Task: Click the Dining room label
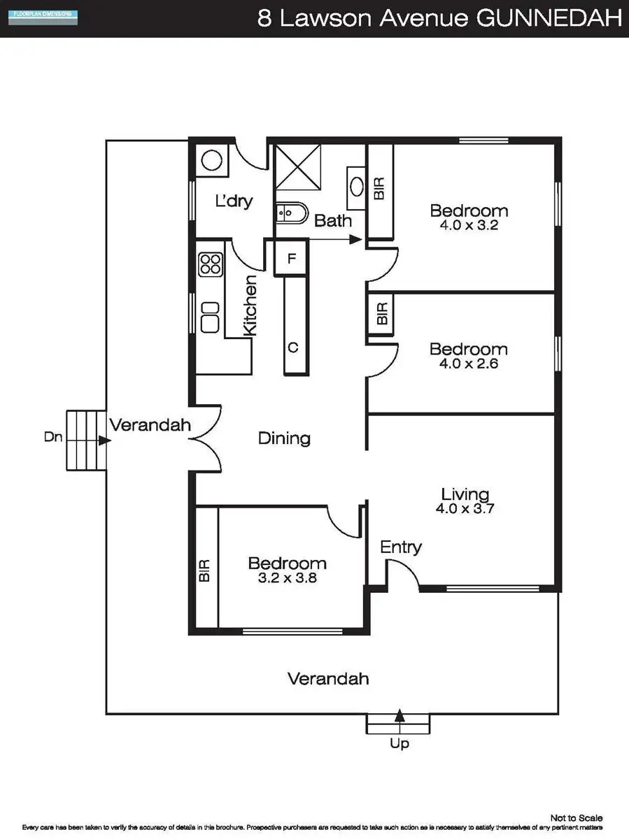284,438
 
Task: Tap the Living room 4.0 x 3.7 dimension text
465,509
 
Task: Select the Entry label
401,547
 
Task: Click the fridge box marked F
292,257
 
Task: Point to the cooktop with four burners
211,264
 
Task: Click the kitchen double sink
211,317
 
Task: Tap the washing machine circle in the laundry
212,160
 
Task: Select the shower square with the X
297,167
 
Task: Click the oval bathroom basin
356,187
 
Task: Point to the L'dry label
233,201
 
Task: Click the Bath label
332,221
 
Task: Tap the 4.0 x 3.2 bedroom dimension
469,226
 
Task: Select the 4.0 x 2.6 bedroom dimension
469,364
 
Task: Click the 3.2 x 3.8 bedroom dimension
287,578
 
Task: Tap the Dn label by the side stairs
53,438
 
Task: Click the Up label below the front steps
400,744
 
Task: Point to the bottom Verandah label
328,678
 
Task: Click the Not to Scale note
577,817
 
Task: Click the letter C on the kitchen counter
293,347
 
